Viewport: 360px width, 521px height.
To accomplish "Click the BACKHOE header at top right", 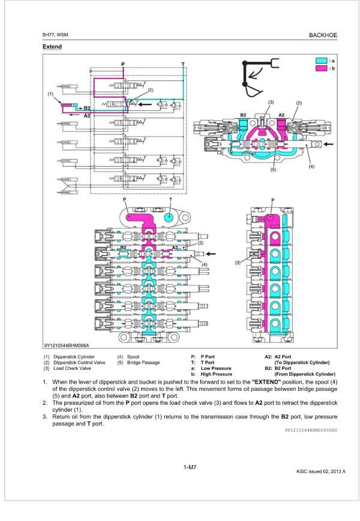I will [x=323, y=35].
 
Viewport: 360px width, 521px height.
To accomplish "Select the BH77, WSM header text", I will [x=55, y=35].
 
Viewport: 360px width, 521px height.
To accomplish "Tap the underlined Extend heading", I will [x=52, y=47].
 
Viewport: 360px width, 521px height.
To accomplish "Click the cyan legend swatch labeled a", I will [x=321, y=61].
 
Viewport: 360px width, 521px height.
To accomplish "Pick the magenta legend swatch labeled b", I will [x=321, y=70].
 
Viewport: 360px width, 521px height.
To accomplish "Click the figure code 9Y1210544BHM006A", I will [x=66, y=345].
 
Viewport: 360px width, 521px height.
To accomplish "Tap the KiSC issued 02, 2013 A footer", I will [x=321, y=471].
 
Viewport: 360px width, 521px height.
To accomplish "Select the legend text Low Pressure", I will [x=216, y=368].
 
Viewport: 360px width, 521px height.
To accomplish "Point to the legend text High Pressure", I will [x=217, y=374].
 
